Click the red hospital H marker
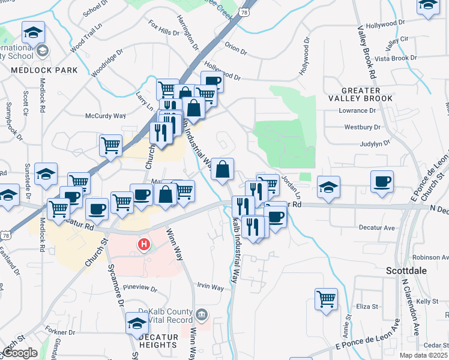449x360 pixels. coord(144,245)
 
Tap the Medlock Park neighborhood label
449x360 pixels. coord(44,70)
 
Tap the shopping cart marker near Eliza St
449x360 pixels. coord(326,299)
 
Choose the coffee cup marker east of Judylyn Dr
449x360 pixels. coord(382,181)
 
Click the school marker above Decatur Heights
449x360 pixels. coord(137,323)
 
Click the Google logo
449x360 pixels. coord(20,353)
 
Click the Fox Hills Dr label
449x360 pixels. coord(164,29)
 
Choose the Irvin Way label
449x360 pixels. coord(210,287)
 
